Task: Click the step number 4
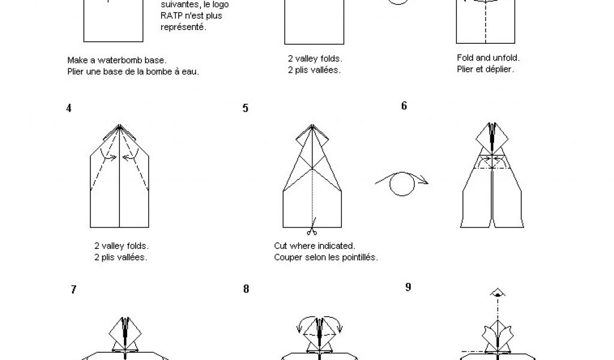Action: coord(69,108)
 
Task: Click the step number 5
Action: coord(245,108)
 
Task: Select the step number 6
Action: coord(404,106)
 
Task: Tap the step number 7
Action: coord(74,289)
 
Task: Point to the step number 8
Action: coord(246,289)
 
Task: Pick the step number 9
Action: coord(408,287)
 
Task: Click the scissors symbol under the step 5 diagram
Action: coord(312,231)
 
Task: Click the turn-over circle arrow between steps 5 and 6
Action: coord(402,183)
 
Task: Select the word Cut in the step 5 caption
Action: coord(281,246)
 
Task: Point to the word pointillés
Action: coord(360,257)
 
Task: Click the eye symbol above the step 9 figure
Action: coord(497,293)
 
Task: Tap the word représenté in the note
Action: coord(183,27)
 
